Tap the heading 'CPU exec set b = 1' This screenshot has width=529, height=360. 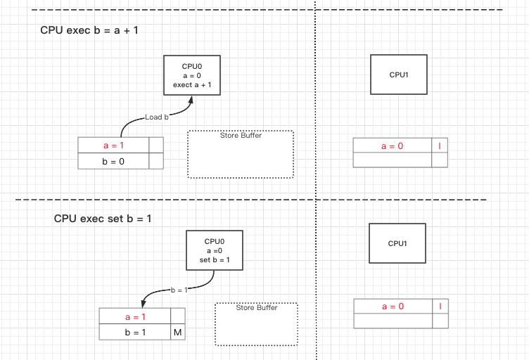point(103,219)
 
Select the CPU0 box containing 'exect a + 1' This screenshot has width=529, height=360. point(191,75)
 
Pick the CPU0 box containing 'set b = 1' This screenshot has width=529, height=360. point(215,250)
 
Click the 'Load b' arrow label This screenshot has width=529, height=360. point(157,117)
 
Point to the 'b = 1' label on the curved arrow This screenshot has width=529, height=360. point(179,290)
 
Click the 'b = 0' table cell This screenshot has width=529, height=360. point(113,162)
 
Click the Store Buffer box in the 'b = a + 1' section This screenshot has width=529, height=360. point(241,154)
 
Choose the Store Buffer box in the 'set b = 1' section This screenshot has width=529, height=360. point(256,324)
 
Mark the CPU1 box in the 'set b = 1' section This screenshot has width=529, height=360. point(397,243)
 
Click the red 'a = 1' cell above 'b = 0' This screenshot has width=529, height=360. point(113,146)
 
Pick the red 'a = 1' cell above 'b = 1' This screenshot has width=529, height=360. point(134,317)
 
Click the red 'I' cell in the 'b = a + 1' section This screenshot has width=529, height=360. point(440,146)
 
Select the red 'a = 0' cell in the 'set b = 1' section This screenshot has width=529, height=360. point(392,307)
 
